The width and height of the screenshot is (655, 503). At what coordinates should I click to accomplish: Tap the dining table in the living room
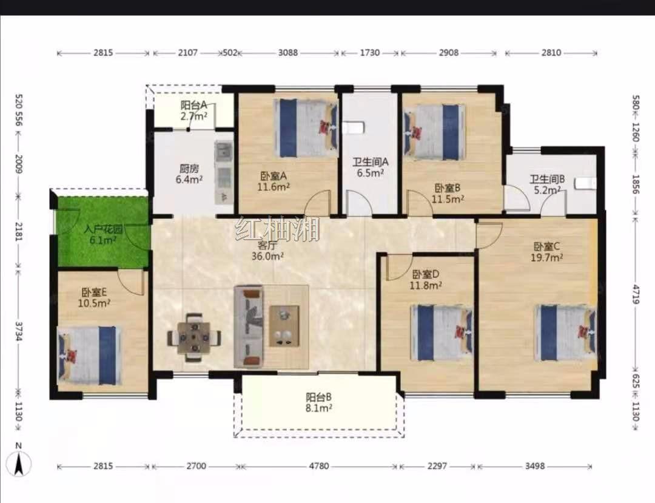coord(194,337)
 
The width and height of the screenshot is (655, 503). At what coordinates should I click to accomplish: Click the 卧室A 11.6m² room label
coord(274,181)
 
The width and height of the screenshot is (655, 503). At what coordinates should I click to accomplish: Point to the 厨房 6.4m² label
coord(189,174)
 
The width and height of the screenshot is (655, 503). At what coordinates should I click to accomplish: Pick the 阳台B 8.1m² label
coord(319,403)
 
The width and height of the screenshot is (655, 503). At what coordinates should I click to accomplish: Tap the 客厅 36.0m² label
coord(267,251)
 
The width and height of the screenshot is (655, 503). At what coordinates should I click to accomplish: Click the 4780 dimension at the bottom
coord(319,466)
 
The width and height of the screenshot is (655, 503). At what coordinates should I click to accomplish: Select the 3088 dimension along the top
coord(288,53)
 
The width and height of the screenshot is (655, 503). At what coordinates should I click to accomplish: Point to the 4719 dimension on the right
coord(636,294)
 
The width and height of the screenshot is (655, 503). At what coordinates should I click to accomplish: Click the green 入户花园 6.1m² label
coord(102,235)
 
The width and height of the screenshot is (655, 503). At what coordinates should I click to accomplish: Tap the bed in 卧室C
coord(566,333)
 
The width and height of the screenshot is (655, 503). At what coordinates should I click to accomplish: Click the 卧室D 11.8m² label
coord(426,280)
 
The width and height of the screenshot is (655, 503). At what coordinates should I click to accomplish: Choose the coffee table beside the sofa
coord(284,326)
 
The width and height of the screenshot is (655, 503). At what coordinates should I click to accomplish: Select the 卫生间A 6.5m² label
coord(370,167)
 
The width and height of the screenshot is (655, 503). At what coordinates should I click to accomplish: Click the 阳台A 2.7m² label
coord(194,110)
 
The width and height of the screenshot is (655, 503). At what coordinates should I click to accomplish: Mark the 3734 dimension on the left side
coord(18,331)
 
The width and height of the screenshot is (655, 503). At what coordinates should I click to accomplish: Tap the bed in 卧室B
coord(434,132)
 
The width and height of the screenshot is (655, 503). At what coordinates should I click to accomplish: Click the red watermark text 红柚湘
coord(277,229)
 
